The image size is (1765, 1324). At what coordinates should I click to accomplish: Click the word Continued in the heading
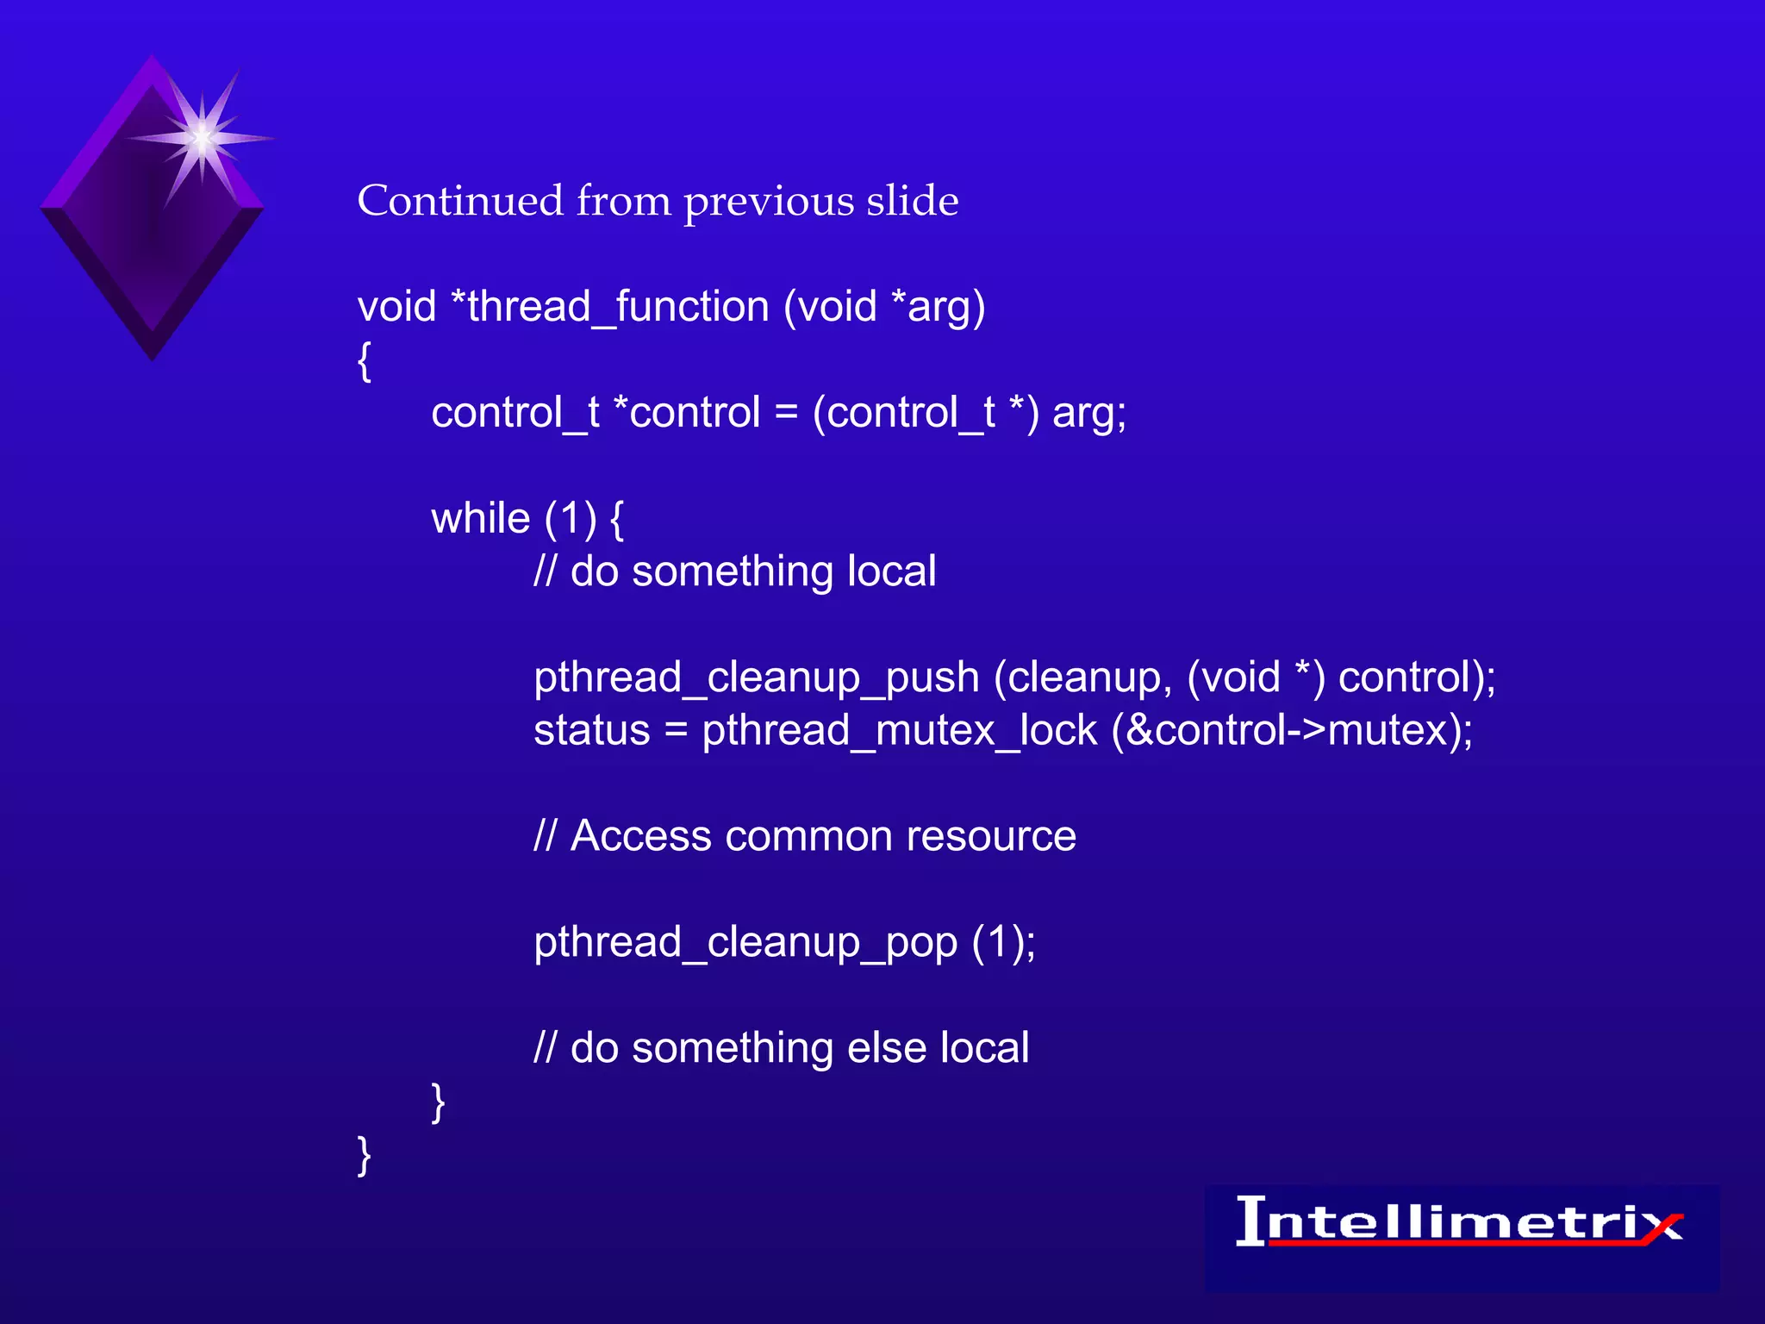460,201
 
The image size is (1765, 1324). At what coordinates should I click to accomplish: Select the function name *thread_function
610,307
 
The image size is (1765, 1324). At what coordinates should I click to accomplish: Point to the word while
480,519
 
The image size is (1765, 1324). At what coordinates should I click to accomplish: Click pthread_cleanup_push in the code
756,678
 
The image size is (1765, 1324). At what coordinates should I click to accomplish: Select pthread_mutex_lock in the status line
899,731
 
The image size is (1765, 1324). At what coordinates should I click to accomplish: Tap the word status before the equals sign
591,731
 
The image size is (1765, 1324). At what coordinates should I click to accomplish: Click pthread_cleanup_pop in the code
745,942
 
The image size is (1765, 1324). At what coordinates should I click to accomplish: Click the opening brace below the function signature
365,360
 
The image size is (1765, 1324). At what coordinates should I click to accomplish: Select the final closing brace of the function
365,1155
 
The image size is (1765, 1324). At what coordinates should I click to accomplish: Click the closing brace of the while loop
438,1102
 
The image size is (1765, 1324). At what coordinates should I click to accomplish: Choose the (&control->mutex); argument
1292,731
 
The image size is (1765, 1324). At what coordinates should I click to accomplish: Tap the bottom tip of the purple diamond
153,355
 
